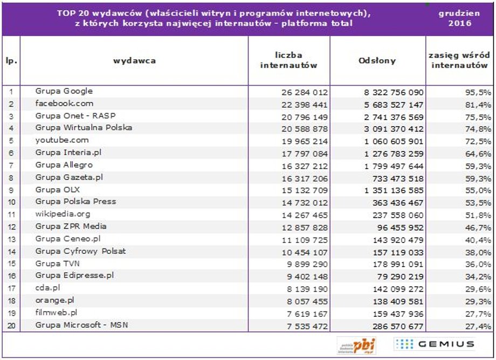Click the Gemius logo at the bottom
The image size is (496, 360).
pyautogui.click(x=434, y=344)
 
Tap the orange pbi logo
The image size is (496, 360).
pyautogui.click(x=356, y=345)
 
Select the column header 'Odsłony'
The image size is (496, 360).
pyautogui.click(x=377, y=61)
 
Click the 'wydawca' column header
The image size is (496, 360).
pyautogui.click(x=134, y=61)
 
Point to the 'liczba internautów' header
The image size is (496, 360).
pyautogui.click(x=288, y=60)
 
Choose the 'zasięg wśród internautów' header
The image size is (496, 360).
pyautogui.click(x=459, y=60)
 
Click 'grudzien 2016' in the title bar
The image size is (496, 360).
pyautogui.click(x=459, y=18)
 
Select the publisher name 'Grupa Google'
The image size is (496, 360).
pyautogui.click(x=64, y=91)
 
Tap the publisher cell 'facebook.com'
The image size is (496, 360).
pyautogui.click(x=64, y=103)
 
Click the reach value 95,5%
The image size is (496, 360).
pyautogui.click(x=478, y=92)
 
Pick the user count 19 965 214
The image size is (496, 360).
pyautogui.click(x=305, y=141)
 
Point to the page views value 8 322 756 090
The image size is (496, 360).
pyautogui.click(x=394, y=92)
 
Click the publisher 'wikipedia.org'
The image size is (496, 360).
pyautogui.click(x=63, y=214)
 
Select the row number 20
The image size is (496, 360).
pyautogui.click(x=11, y=326)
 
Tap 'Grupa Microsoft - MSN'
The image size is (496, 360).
pyautogui.click(x=81, y=325)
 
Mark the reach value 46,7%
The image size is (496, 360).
pyautogui.click(x=478, y=227)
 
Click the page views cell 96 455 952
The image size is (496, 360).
pyautogui.click(x=400, y=227)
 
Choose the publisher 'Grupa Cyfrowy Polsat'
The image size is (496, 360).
pyautogui.click(x=80, y=251)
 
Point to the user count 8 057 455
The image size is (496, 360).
pyautogui.click(x=307, y=302)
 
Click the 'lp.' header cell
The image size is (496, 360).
pyautogui.click(x=11, y=61)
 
